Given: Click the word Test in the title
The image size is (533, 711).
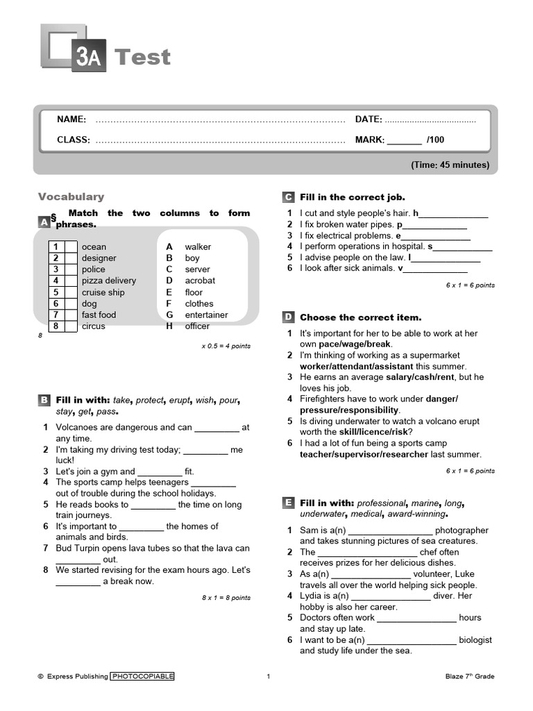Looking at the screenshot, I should click(x=142, y=57).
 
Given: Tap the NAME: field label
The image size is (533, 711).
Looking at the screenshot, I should click(x=71, y=119).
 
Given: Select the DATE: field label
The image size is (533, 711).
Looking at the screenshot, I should click(x=369, y=119).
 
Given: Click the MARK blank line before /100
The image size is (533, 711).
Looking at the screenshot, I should click(x=404, y=140).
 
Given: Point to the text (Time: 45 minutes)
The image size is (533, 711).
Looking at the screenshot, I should click(x=450, y=165).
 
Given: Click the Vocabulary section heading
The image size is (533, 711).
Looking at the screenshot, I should click(x=71, y=196).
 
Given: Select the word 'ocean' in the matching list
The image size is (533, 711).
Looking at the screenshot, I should click(x=94, y=246).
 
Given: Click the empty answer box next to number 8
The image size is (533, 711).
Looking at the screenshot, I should click(x=71, y=326).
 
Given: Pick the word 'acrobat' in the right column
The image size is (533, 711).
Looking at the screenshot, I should click(x=200, y=281).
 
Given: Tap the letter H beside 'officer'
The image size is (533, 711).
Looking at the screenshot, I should click(x=169, y=326).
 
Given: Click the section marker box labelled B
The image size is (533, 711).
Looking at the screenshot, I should click(x=44, y=400).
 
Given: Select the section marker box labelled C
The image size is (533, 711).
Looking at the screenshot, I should click(x=288, y=197).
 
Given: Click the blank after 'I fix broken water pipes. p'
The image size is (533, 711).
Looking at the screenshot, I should click(x=435, y=226).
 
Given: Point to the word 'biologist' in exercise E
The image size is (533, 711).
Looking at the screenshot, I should click(x=475, y=639).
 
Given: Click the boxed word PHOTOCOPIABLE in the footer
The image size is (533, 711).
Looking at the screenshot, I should click(x=142, y=676).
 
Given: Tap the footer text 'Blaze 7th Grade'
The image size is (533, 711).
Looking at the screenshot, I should click(x=470, y=676).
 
